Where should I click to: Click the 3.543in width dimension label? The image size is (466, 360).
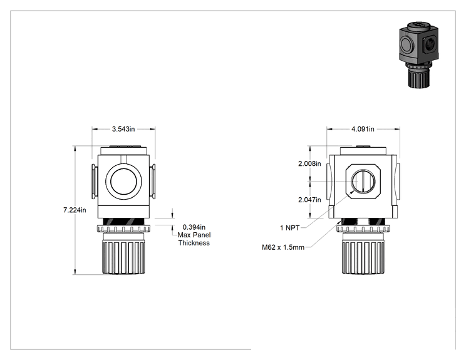tap(123, 129)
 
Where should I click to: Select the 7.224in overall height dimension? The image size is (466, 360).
tap(75, 210)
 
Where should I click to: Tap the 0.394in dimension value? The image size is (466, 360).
tap(194, 227)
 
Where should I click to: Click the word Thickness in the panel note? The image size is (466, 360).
tap(194, 243)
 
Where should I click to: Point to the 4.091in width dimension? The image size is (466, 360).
tap(363, 129)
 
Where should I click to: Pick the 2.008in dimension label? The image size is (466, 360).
tap(309, 163)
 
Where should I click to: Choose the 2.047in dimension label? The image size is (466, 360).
tap(309, 200)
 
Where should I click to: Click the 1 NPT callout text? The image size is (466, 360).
tap(290, 228)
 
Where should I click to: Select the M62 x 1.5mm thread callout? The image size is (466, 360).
tap(283, 247)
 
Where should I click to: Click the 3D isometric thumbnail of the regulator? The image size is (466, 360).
tap(419, 54)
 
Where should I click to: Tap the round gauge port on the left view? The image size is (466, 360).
tap(123, 182)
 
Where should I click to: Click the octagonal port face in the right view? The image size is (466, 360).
tap(363, 181)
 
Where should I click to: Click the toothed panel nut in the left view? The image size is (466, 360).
tap(123, 229)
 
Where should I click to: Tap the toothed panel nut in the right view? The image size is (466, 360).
tap(363, 229)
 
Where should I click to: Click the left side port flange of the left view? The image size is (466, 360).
tap(95, 182)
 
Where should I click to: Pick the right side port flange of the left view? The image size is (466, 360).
tap(152, 182)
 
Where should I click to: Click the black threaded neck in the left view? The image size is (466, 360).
tap(123, 222)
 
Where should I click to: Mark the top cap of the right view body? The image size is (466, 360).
tap(363, 150)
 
